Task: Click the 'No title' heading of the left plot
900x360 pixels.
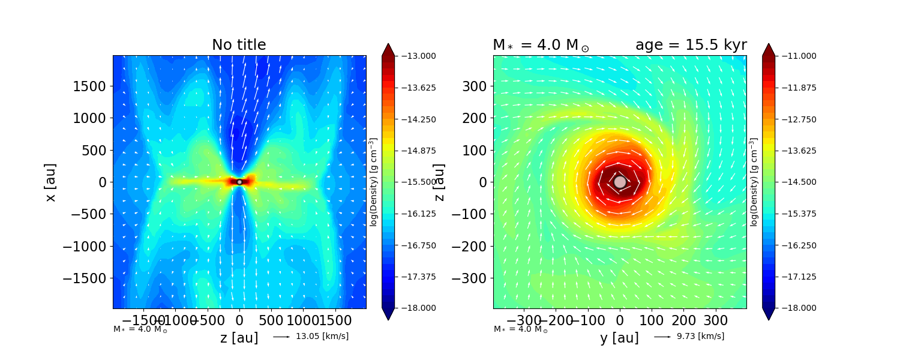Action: point(239,45)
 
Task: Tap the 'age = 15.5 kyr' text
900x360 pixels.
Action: point(691,45)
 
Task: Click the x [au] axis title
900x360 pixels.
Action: point(50,182)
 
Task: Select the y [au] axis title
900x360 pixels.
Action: point(619,338)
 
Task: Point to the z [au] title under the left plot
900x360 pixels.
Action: point(239,338)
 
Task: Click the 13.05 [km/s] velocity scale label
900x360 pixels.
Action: point(322,336)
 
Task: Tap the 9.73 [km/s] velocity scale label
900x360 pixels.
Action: point(700,336)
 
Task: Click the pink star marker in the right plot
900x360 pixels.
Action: point(620,182)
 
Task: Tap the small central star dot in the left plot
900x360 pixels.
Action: point(239,182)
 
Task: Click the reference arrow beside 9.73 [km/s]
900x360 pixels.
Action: point(662,337)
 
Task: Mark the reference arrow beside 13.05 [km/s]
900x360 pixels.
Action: point(281,337)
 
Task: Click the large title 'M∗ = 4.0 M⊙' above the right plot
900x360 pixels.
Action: point(541,45)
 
